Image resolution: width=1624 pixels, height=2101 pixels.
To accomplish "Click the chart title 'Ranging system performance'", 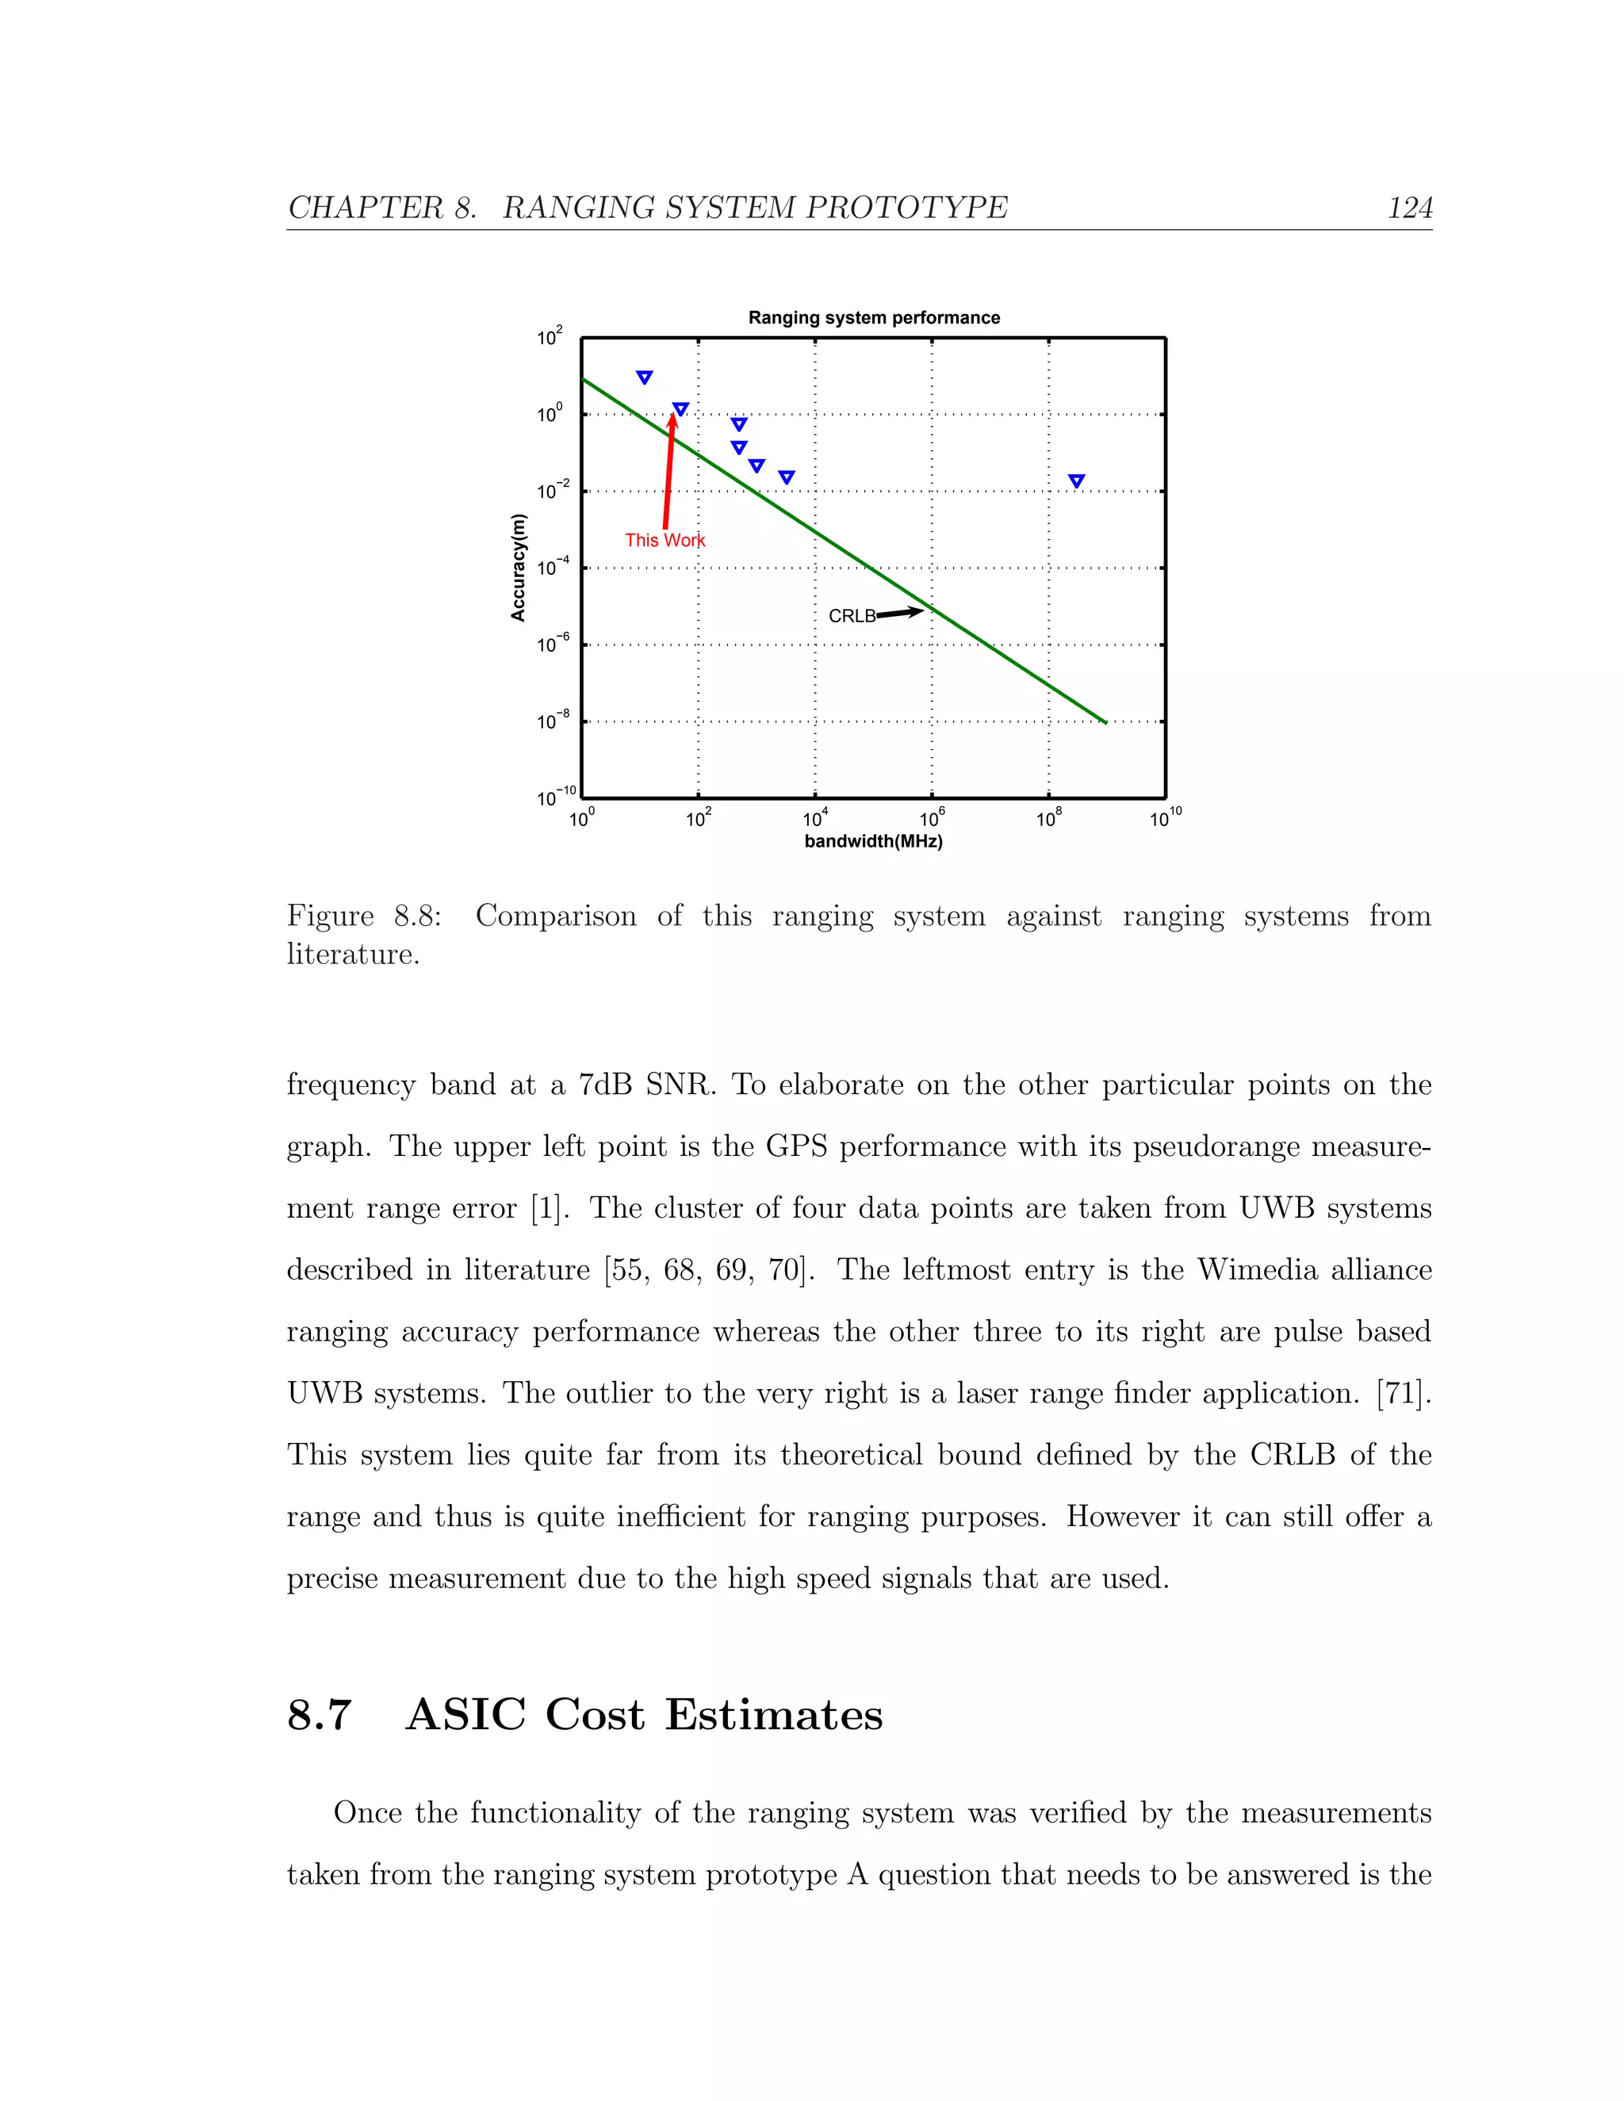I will pos(874,317).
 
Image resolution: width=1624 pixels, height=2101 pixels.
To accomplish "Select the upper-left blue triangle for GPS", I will pos(645,377).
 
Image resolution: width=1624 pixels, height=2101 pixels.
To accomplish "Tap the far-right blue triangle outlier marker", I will pos(1077,481).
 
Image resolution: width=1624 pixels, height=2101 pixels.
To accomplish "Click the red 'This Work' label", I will pos(665,541).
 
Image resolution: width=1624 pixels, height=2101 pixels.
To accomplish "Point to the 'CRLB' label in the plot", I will pos(852,617).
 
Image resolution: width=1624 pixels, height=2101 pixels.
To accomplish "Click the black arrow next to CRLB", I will pos(899,612).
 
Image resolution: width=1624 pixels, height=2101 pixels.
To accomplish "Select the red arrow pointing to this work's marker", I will pos(668,472).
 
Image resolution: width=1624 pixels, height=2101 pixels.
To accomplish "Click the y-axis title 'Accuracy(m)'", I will pos(519,568).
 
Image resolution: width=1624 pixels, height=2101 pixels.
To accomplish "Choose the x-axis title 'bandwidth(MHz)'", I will pos(874,842).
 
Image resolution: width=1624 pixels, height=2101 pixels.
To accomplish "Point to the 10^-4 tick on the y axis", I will pos(553,567).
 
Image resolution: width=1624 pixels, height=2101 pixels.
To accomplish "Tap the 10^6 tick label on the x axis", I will pos(931,819).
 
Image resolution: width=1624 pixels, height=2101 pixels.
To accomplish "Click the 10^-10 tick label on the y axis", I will pos(555,797).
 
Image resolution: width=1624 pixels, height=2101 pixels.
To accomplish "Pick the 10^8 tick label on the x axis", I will pos(1048,819).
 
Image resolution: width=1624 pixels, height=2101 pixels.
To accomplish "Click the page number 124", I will pos(1409,208).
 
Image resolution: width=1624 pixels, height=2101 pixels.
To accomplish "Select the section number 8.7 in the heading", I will pos(320,1715).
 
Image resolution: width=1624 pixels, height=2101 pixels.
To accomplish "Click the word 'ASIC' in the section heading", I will pos(465,1715).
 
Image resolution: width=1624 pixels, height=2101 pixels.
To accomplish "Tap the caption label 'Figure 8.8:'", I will pos(365,916).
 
